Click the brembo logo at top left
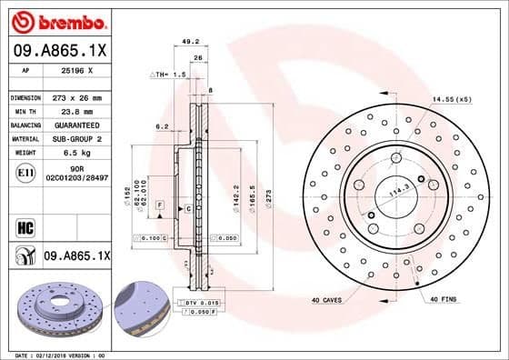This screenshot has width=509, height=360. click(x=56, y=21)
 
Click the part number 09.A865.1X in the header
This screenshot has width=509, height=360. click(x=59, y=52)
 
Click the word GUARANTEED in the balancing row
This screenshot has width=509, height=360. click(x=75, y=125)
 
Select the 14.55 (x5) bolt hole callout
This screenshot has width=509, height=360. click(x=452, y=98)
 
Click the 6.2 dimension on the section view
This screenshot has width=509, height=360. click(x=161, y=126)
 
